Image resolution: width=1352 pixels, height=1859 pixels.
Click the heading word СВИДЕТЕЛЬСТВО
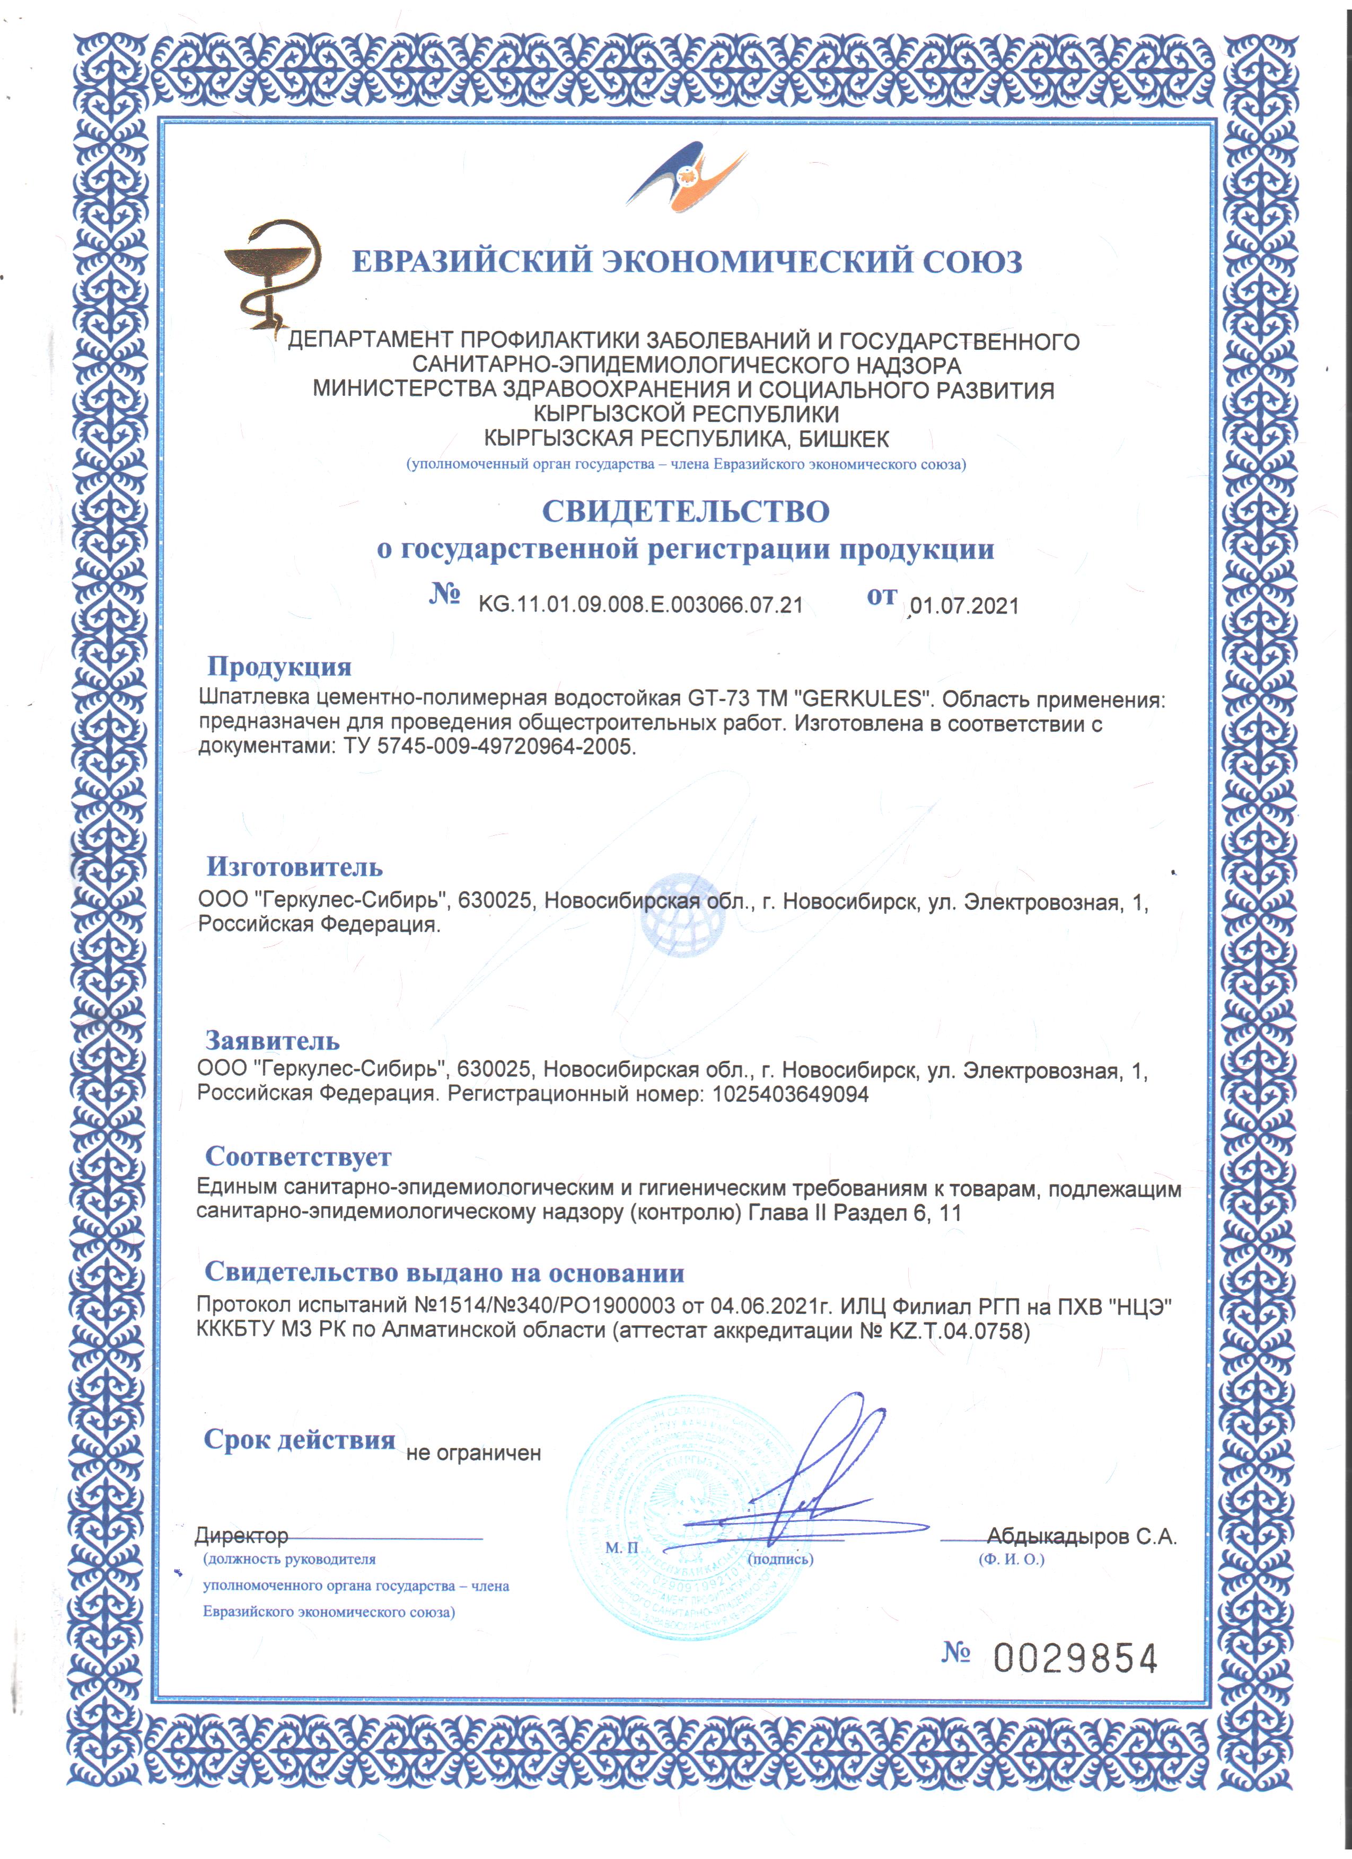pyautogui.click(x=686, y=511)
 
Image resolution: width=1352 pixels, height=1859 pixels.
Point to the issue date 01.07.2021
pyautogui.click(x=965, y=606)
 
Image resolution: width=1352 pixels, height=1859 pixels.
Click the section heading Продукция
pyautogui.click(x=279, y=666)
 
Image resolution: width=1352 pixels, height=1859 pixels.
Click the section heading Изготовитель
pyautogui.click(x=294, y=866)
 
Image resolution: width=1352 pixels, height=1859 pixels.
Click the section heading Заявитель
pyautogui.click(x=272, y=1040)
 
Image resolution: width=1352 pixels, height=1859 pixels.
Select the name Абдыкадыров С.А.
pyautogui.click(x=1082, y=1536)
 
